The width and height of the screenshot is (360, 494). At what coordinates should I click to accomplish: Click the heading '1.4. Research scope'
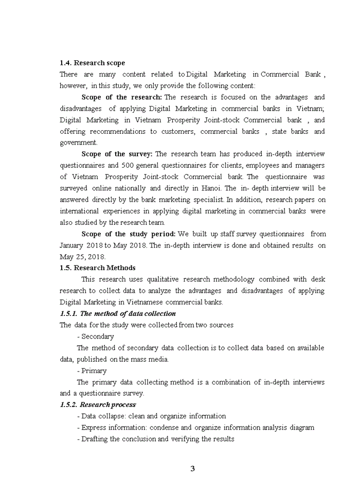click(x=92, y=63)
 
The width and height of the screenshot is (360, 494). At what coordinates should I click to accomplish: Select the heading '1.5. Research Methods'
click(x=98, y=268)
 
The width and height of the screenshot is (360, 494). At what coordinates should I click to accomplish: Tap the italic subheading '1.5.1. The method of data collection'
click(x=118, y=313)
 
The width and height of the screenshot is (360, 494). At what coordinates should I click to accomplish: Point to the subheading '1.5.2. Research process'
click(x=98, y=404)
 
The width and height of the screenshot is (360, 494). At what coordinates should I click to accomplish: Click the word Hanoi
click(x=210, y=188)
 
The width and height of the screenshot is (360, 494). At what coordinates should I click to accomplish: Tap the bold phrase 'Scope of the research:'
click(x=121, y=97)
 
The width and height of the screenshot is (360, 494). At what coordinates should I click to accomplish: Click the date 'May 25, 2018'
click(x=82, y=256)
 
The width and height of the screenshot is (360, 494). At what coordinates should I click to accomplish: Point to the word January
click(x=75, y=245)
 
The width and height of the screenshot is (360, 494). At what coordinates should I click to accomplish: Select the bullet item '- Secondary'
click(x=95, y=336)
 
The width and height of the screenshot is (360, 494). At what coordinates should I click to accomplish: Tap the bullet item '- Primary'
click(x=92, y=370)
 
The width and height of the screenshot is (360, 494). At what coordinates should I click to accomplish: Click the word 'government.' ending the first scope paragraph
click(x=78, y=143)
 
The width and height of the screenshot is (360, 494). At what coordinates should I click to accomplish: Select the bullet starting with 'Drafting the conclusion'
click(x=155, y=439)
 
